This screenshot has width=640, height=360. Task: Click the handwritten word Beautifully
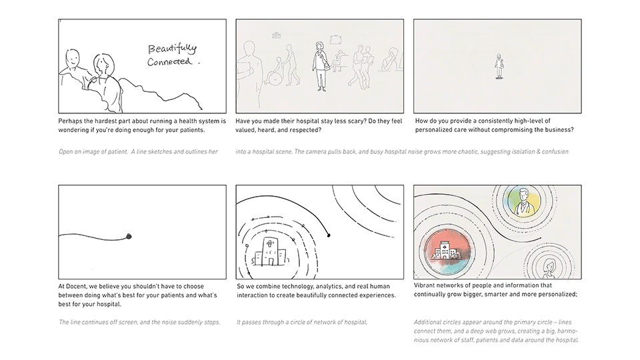[x=173, y=49]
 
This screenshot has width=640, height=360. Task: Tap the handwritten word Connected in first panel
[x=170, y=62]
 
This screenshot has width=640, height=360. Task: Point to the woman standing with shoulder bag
[x=321, y=65]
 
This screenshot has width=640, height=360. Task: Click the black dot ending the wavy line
[x=128, y=235]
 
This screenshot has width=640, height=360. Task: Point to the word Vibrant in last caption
[x=426, y=287]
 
